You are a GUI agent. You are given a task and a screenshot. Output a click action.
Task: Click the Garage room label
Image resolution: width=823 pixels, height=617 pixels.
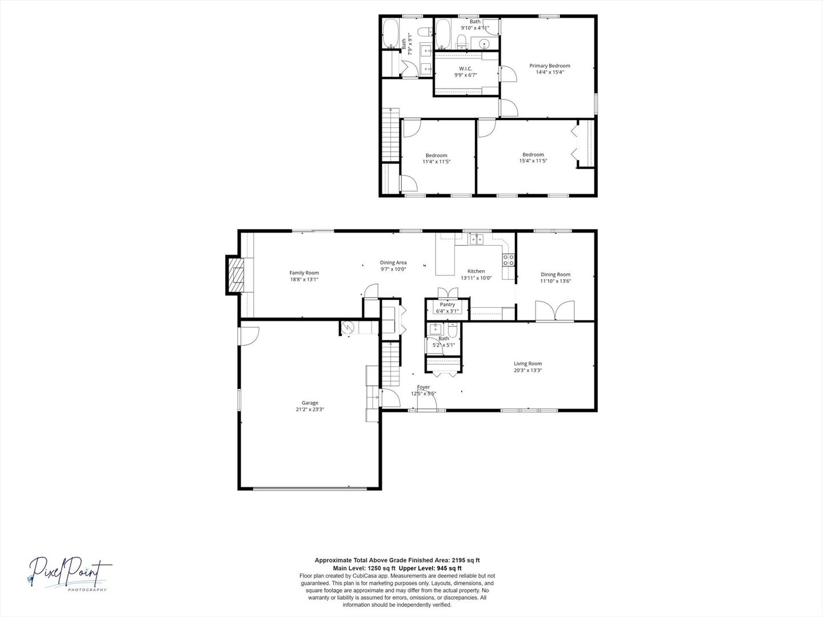[310, 403]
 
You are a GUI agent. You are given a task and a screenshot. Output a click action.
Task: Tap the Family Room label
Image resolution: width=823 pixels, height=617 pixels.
[304, 273]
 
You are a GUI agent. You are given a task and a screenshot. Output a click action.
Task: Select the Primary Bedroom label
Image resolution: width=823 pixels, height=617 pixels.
[550, 66]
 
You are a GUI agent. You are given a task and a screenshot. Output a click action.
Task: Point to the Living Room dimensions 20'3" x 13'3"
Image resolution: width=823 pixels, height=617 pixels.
[528, 370]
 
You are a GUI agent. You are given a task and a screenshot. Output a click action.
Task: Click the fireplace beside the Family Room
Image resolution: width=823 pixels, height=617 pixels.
[235, 275]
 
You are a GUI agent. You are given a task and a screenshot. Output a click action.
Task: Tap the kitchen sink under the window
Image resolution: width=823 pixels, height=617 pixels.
[477, 239]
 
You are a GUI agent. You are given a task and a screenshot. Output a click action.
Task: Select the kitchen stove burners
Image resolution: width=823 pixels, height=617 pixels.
[509, 259]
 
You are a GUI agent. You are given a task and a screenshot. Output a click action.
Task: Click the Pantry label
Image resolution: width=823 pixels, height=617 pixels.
[448, 305]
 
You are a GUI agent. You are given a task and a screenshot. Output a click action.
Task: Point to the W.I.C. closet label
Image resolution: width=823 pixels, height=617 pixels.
[466, 69]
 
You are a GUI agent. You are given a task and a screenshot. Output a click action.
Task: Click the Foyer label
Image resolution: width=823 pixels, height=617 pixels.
[424, 387]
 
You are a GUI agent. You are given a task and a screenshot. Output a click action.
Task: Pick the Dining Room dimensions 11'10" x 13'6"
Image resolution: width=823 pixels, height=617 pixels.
[556, 281]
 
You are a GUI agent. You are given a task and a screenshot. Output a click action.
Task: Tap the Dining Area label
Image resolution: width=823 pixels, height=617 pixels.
[393, 263]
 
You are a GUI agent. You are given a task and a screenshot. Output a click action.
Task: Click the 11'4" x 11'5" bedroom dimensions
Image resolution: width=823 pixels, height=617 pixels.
[437, 162]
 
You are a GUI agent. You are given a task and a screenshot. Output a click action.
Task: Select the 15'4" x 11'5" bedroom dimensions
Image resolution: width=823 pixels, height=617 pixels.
[533, 161]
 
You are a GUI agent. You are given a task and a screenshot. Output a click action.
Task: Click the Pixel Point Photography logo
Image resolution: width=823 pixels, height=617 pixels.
[69, 574]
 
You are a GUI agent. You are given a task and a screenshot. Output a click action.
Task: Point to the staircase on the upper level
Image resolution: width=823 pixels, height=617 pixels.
[390, 135]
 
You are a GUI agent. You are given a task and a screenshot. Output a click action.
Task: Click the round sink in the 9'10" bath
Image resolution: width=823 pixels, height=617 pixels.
[485, 43]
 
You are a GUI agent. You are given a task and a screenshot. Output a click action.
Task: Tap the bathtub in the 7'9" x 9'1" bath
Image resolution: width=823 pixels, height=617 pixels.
[390, 33]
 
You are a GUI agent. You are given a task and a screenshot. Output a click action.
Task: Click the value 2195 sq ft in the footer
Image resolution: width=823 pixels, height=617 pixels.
[466, 560]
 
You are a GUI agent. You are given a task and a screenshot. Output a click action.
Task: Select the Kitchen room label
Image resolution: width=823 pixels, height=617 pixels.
[476, 271]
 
